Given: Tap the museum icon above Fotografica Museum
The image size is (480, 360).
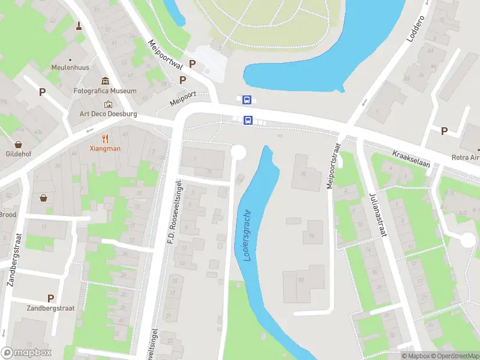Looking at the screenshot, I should pos(106,81).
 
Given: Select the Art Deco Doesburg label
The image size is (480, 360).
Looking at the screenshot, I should pos(109,114).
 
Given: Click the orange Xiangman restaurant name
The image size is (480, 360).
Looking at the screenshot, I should pos(105,148).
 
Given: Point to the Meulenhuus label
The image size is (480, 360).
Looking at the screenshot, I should pos(70,68).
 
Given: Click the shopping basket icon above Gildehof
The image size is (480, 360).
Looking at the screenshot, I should pos(19,145).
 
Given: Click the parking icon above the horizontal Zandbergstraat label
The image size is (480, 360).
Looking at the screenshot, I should pos(51,298).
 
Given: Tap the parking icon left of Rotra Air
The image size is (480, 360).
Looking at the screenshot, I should pos(445,131).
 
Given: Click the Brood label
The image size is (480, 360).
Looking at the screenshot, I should pos(8,214).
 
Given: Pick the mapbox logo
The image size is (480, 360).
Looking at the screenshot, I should pos(26,353).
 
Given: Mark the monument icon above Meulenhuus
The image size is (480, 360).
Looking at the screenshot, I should pos(79,25).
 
